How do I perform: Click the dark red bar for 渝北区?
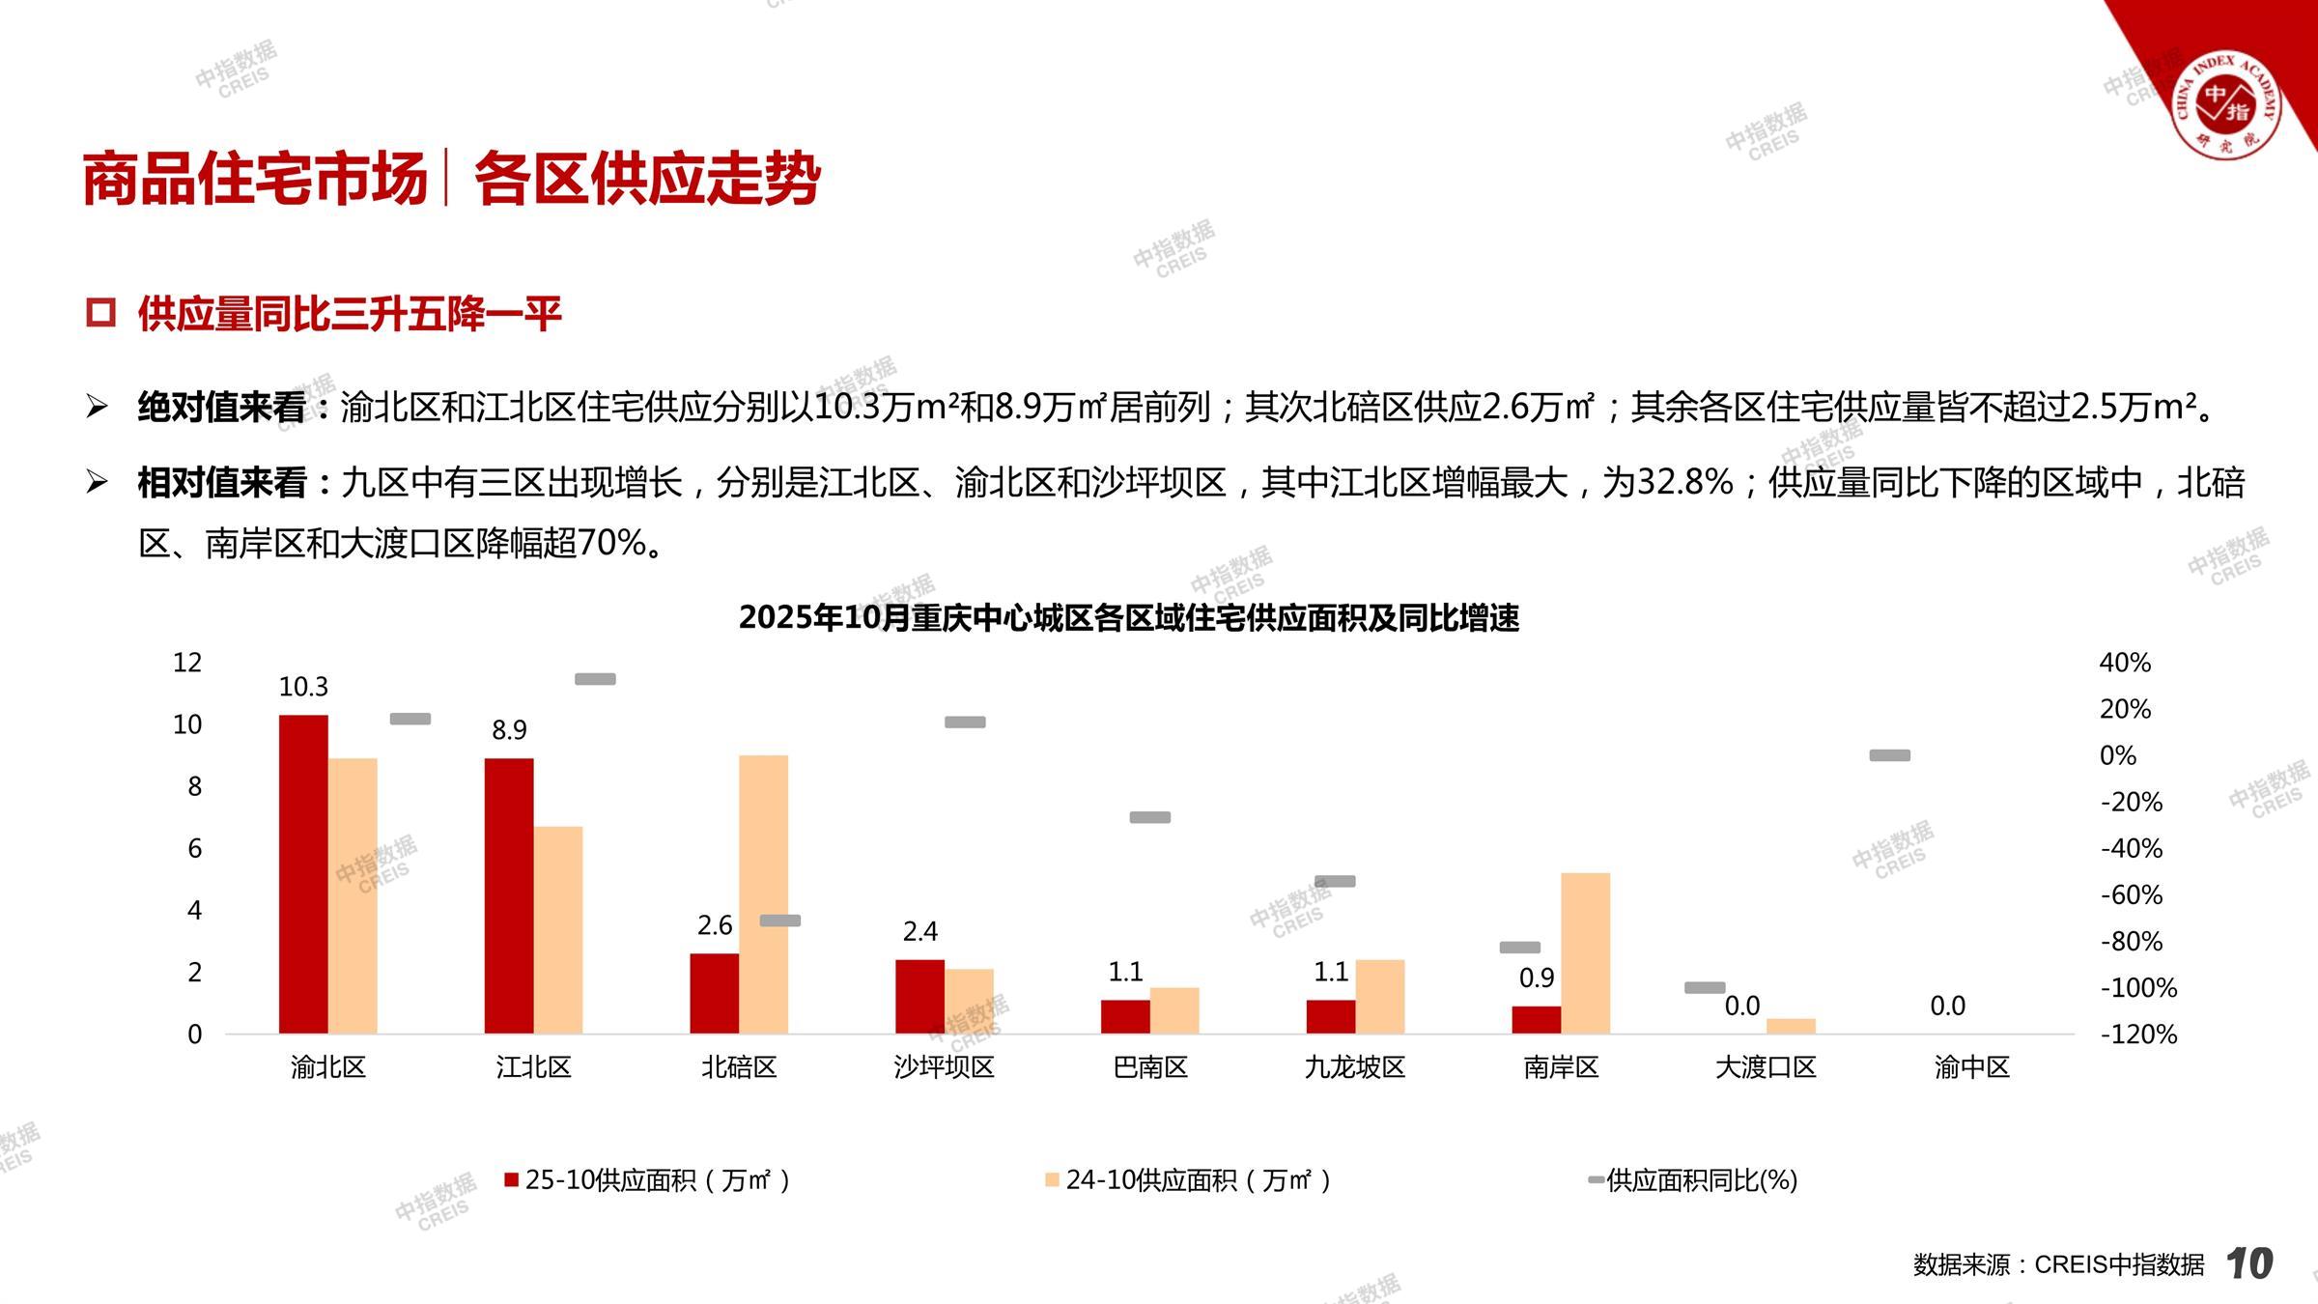(303, 874)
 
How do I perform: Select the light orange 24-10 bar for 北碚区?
(763, 893)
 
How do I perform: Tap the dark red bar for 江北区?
(509, 895)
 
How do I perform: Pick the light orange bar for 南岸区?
(1585, 953)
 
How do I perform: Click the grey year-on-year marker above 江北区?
(595, 679)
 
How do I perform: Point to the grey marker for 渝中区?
(1889, 755)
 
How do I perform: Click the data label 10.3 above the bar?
(303, 687)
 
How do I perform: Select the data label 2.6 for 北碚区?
(715, 925)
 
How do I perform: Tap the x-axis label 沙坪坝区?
(944, 1067)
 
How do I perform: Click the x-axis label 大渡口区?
(1766, 1067)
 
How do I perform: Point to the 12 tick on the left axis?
(187, 663)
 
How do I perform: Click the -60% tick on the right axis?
(2131, 894)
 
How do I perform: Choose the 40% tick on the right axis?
(2125, 663)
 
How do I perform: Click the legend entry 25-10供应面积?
(647, 1180)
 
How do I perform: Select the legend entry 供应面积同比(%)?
(1700, 1180)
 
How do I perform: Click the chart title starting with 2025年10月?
(1128, 618)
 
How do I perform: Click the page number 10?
(2249, 1263)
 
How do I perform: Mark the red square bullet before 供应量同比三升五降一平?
(100, 313)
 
